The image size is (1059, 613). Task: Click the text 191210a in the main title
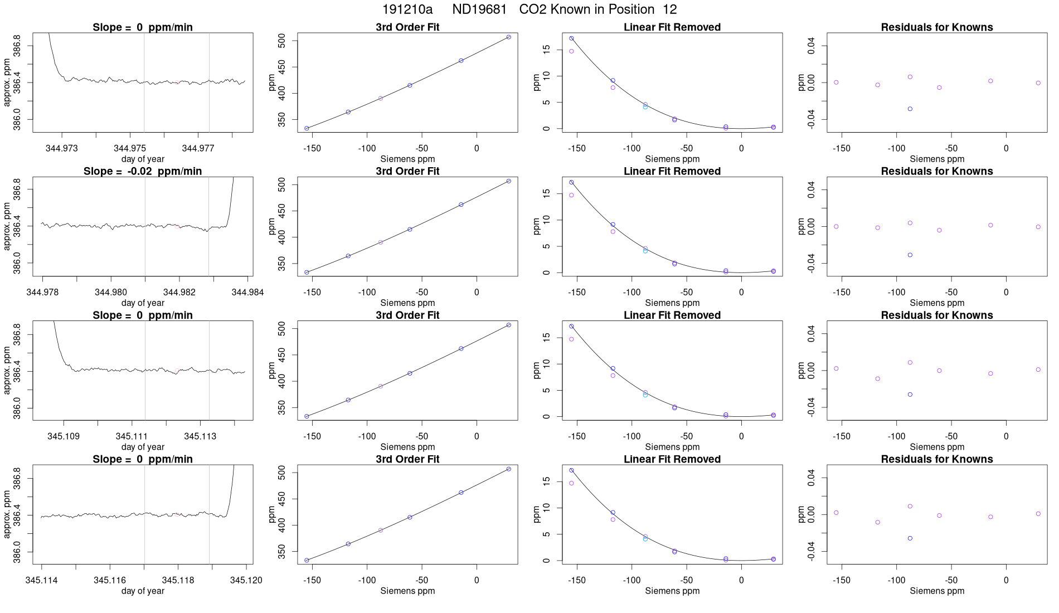(x=407, y=9)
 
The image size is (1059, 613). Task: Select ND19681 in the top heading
(x=479, y=9)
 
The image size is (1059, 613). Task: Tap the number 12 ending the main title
(x=670, y=9)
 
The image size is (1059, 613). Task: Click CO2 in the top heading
(x=533, y=9)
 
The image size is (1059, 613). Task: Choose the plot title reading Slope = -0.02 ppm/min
(x=143, y=171)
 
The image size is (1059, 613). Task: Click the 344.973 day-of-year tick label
(x=62, y=148)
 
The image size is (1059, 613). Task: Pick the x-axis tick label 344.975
(x=130, y=148)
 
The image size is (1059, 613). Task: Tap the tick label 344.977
(x=198, y=148)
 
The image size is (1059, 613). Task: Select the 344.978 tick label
(x=42, y=292)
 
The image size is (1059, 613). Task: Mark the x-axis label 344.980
(x=111, y=292)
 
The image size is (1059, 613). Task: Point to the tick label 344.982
(x=179, y=292)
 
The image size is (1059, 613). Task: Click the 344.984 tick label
(x=247, y=292)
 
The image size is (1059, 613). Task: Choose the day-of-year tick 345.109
(x=64, y=436)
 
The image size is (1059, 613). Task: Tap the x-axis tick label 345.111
(x=132, y=436)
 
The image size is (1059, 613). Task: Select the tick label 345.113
(x=200, y=436)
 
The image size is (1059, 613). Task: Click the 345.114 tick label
(x=41, y=580)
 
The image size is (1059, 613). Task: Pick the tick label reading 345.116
(x=110, y=580)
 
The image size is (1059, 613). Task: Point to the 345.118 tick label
(x=178, y=580)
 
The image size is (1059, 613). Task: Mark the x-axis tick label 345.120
(x=246, y=580)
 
